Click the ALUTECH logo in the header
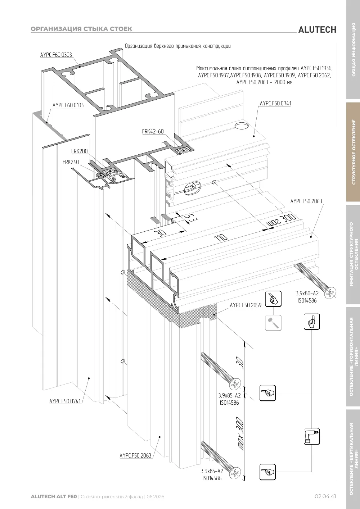click(317, 30)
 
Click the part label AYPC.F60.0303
click(56, 55)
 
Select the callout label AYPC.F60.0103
click(68, 105)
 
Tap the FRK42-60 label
click(153, 131)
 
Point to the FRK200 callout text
click(79, 151)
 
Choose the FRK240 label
click(71, 162)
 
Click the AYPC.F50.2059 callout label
click(246, 305)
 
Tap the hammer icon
click(273, 323)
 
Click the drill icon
click(312, 436)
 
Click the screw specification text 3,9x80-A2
click(307, 294)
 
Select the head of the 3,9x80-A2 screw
click(330, 292)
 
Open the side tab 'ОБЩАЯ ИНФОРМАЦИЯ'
click(354, 50)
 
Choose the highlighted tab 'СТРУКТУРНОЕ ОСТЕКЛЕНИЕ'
click(354, 152)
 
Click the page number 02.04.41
click(325, 496)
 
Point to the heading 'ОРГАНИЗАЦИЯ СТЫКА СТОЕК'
click(81, 29)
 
